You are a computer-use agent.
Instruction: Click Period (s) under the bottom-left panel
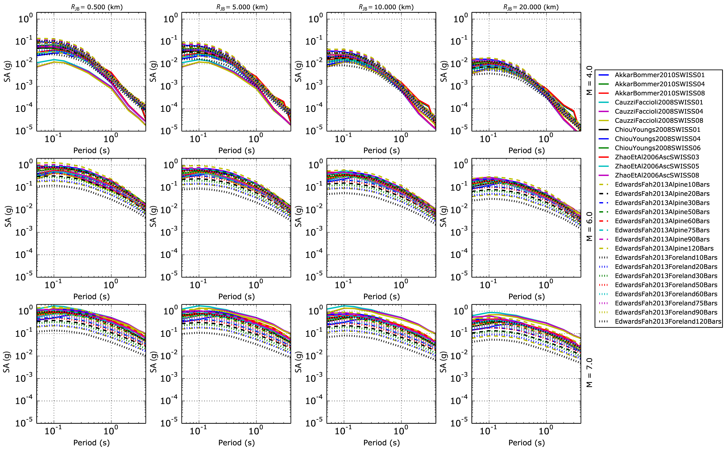pos(91,443)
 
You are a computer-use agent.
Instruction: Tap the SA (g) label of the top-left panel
pos(7,72)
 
